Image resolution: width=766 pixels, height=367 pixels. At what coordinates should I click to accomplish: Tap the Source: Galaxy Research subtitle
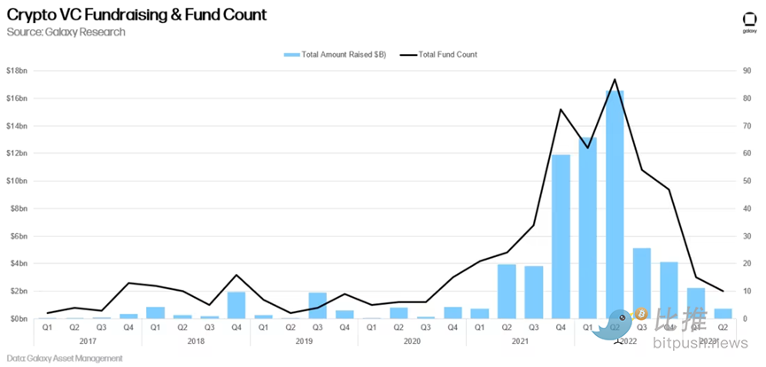point(66,32)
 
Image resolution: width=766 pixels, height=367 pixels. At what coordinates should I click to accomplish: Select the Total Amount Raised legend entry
point(335,55)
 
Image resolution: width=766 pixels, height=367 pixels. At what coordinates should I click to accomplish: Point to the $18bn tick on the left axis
point(18,70)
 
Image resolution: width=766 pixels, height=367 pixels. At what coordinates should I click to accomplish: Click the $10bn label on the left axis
point(18,181)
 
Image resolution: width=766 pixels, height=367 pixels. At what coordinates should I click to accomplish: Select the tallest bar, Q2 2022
point(615,204)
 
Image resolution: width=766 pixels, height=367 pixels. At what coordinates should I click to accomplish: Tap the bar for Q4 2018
point(236,305)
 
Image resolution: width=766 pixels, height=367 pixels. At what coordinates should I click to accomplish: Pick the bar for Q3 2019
point(318,305)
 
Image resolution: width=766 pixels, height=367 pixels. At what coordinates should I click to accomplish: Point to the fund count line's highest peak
point(615,79)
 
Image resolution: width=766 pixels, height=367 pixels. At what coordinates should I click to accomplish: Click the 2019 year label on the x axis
point(304,340)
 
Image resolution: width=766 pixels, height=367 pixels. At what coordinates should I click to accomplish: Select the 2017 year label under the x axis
point(88,340)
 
